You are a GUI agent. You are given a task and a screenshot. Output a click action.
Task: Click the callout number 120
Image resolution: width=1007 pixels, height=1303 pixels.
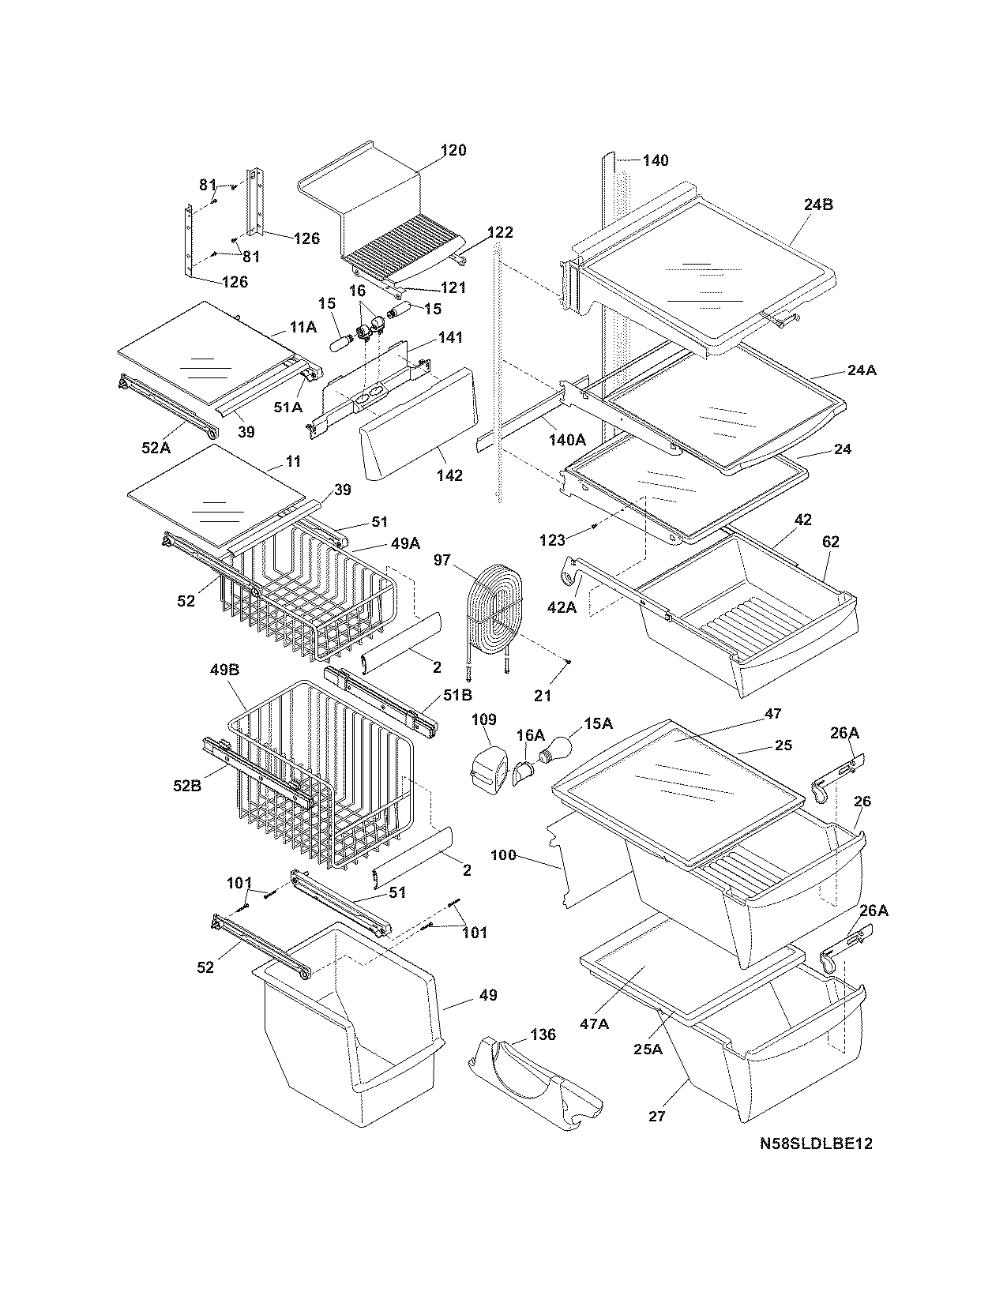(453, 150)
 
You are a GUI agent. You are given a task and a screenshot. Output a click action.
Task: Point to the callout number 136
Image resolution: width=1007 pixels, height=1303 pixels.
(543, 1035)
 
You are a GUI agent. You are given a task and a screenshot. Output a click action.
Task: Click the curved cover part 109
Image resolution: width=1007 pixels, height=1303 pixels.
(489, 764)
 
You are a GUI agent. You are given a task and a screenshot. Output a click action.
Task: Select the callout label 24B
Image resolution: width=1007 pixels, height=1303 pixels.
(819, 205)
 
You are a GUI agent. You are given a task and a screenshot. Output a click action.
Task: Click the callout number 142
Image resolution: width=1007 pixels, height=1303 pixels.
(449, 475)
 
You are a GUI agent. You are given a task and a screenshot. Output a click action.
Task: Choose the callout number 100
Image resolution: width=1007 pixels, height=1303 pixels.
(503, 855)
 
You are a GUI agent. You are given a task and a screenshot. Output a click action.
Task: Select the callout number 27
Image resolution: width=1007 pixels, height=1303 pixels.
(656, 1116)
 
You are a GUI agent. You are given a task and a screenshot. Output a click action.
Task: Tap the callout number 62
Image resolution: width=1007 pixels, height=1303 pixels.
(830, 542)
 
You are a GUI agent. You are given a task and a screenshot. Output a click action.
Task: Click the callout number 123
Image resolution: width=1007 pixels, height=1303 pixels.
(553, 540)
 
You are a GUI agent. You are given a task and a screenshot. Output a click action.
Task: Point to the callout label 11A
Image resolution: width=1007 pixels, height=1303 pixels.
(302, 325)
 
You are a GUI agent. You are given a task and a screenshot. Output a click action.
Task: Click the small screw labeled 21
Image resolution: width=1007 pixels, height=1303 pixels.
(569, 662)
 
